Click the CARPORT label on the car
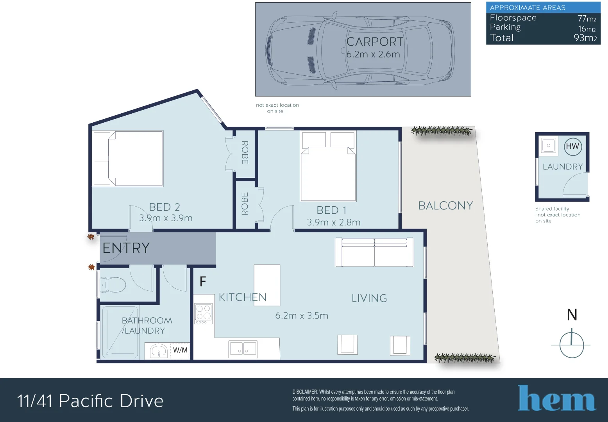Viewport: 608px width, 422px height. pyautogui.click(x=375, y=42)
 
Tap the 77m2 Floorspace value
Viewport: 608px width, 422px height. pyautogui.click(x=587, y=18)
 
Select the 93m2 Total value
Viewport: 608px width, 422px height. pyautogui.click(x=585, y=38)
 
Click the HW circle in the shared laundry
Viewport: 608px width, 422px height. pyautogui.click(x=573, y=146)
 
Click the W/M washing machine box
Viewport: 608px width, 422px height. pyautogui.click(x=180, y=350)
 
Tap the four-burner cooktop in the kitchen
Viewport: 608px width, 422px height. pyautogui.click(x=204, y=313)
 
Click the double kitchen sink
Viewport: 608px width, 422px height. pyautogui.click(x=243, y=349)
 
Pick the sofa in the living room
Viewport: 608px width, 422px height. pyautogui.click(x=375, y=252)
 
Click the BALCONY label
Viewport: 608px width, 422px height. pyautogui.click(x=445, y=206)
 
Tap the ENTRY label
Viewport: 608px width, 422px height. pyautogui.click(x=126, y=248)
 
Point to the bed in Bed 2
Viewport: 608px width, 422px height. pyautogui.click(x=128, y=159)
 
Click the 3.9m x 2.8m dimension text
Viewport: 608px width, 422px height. pyautogui.click(x=334, y=223)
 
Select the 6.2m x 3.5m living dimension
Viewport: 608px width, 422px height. pyautogui.click(x=302, y=316)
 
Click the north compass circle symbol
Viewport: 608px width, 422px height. pyautogui.click(x=572, y=345)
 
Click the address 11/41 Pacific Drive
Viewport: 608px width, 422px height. pyautogui.click(x=90, y=401)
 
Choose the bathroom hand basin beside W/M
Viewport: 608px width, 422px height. pyautogui.click(x=159, y=350)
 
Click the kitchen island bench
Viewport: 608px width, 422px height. pyautogui.click(x=267, y=285)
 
